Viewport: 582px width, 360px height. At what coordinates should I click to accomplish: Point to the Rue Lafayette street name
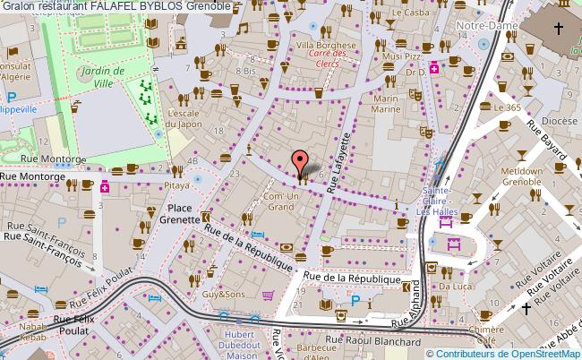point(341,162)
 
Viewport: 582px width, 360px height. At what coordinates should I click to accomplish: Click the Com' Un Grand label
point(280,201)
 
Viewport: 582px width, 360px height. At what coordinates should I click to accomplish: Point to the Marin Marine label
point(386,104)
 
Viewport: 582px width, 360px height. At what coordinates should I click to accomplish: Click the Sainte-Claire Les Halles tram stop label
point(442,196)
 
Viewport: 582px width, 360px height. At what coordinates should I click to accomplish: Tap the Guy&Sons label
point(222,294)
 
